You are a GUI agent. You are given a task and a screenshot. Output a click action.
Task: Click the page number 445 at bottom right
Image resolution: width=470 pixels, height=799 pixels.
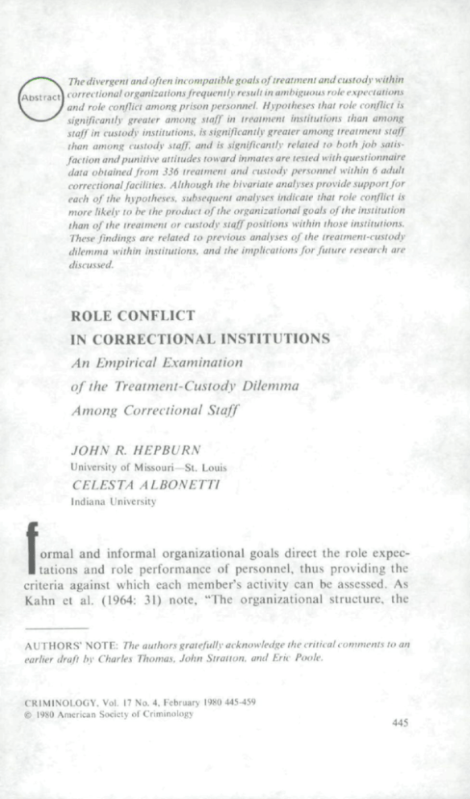pos(399,723)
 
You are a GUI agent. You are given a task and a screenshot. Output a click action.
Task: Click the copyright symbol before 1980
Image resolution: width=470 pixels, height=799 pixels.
pos(28,714)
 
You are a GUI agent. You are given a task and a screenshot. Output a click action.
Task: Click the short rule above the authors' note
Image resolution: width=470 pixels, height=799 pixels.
pos(56,627)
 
